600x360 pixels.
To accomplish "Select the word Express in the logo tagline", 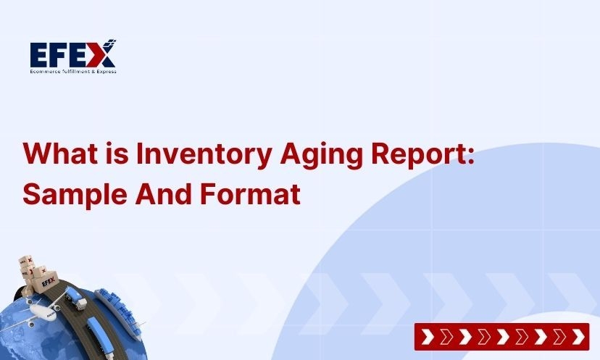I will [x=105, y=71].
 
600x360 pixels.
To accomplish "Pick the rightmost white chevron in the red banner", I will [x=578, y=337].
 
